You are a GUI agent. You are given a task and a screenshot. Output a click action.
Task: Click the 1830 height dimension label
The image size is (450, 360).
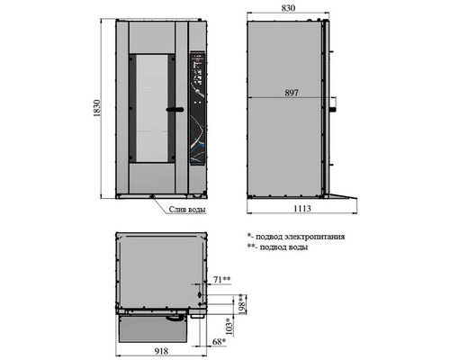click(96, 108)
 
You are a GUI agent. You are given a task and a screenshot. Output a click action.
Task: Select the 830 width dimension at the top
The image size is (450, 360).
click(288, 8)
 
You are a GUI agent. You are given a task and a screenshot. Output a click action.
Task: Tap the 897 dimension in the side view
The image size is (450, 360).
click(292, 93)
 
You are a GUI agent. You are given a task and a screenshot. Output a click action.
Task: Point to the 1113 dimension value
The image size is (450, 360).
click(302, 208)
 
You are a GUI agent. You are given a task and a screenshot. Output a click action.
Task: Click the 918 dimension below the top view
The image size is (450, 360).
click(161, 351)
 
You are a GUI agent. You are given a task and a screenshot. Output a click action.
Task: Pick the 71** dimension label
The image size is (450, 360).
click(221, 279)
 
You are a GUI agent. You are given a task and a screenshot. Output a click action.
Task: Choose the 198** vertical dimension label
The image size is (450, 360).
click(242, 304)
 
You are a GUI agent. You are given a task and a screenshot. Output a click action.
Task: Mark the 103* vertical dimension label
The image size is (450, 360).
click(229, 327)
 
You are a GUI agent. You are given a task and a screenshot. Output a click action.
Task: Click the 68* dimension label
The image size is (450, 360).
click(219, 342)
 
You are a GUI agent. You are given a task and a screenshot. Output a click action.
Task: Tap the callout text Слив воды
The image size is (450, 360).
click(187, 210)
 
